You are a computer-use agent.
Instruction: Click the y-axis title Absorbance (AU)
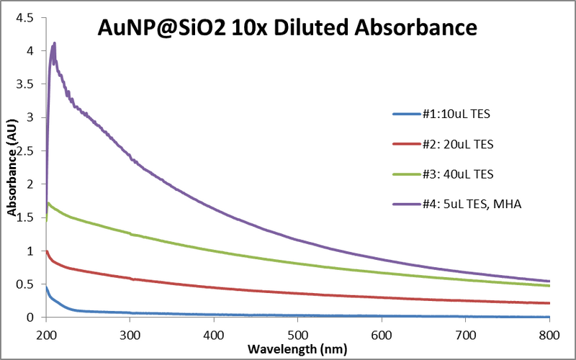coord(12,168)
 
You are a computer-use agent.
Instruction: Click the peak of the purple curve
coord(54,43)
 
